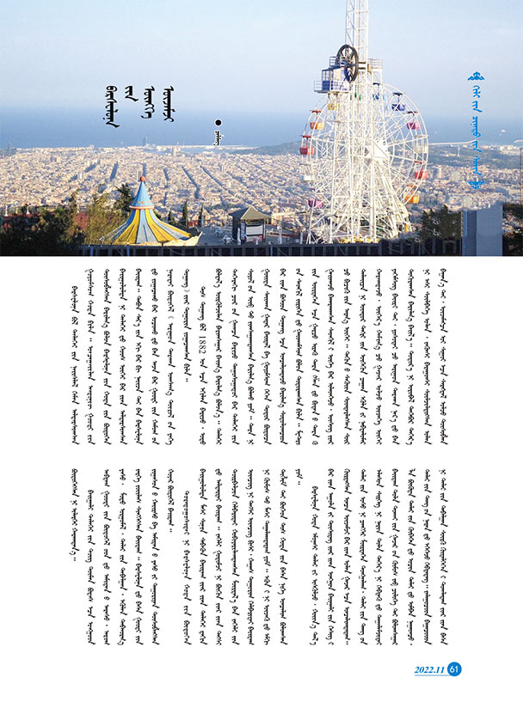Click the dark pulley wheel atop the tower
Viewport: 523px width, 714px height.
346,63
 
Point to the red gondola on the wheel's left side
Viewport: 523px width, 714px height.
305,148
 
